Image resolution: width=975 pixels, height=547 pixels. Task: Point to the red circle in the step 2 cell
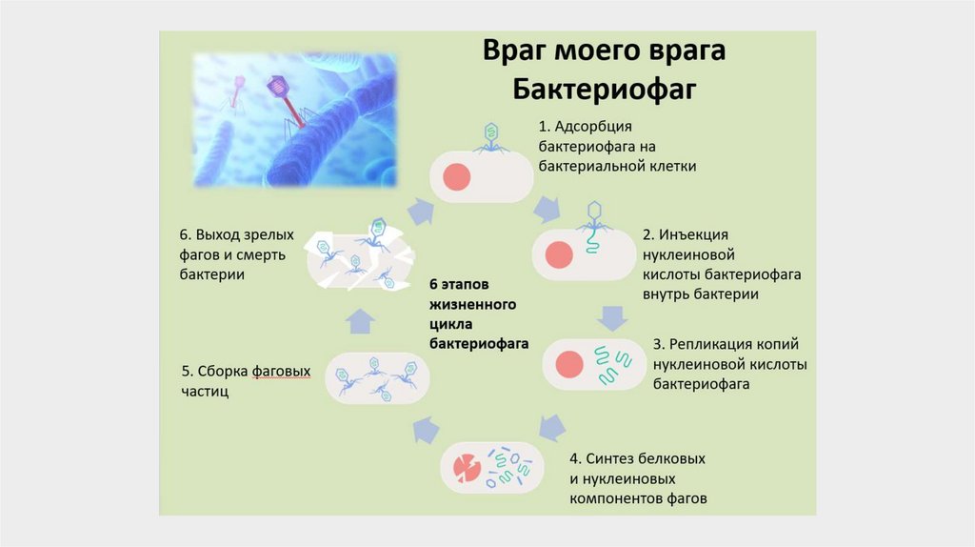click(x=557, y=255)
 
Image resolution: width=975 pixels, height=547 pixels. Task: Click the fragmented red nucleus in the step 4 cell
click(x=468, y=466)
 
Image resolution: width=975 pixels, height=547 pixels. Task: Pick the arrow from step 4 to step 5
click(x=426, y=431)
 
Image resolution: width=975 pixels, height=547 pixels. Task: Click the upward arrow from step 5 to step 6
click(x=359, y=321)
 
